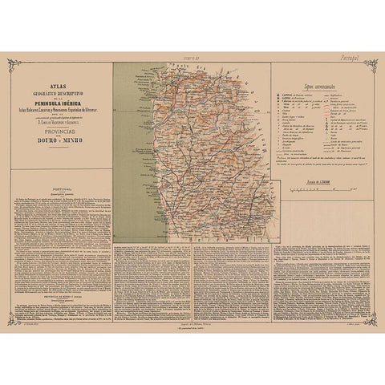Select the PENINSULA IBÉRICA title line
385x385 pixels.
click(60, 106)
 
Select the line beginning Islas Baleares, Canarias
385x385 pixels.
click(60, 112)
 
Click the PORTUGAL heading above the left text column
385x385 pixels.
click(60, 202)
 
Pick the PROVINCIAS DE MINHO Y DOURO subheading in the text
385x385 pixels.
click(60, 275)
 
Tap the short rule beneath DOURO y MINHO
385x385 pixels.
click(60, 148)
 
